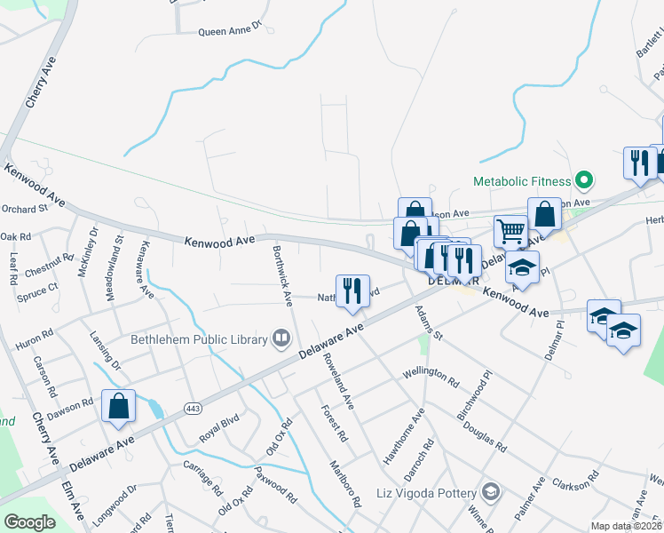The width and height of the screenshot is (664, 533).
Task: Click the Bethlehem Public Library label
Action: click(x=199, y=338)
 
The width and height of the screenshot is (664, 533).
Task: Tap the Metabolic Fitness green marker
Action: click(x=583, y=180)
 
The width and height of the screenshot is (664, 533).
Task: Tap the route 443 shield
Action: click(x=192, y=408)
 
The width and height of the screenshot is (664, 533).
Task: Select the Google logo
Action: click(x=29, y=522)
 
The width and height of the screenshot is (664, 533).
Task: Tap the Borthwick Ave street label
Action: click(x=281, y=275)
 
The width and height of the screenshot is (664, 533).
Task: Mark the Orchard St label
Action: click(x=24, y=209)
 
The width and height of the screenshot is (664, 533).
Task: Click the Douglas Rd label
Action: click(x=484, y=430)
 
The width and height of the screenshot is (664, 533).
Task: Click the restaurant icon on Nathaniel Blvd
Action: click(x=352, y=291)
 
